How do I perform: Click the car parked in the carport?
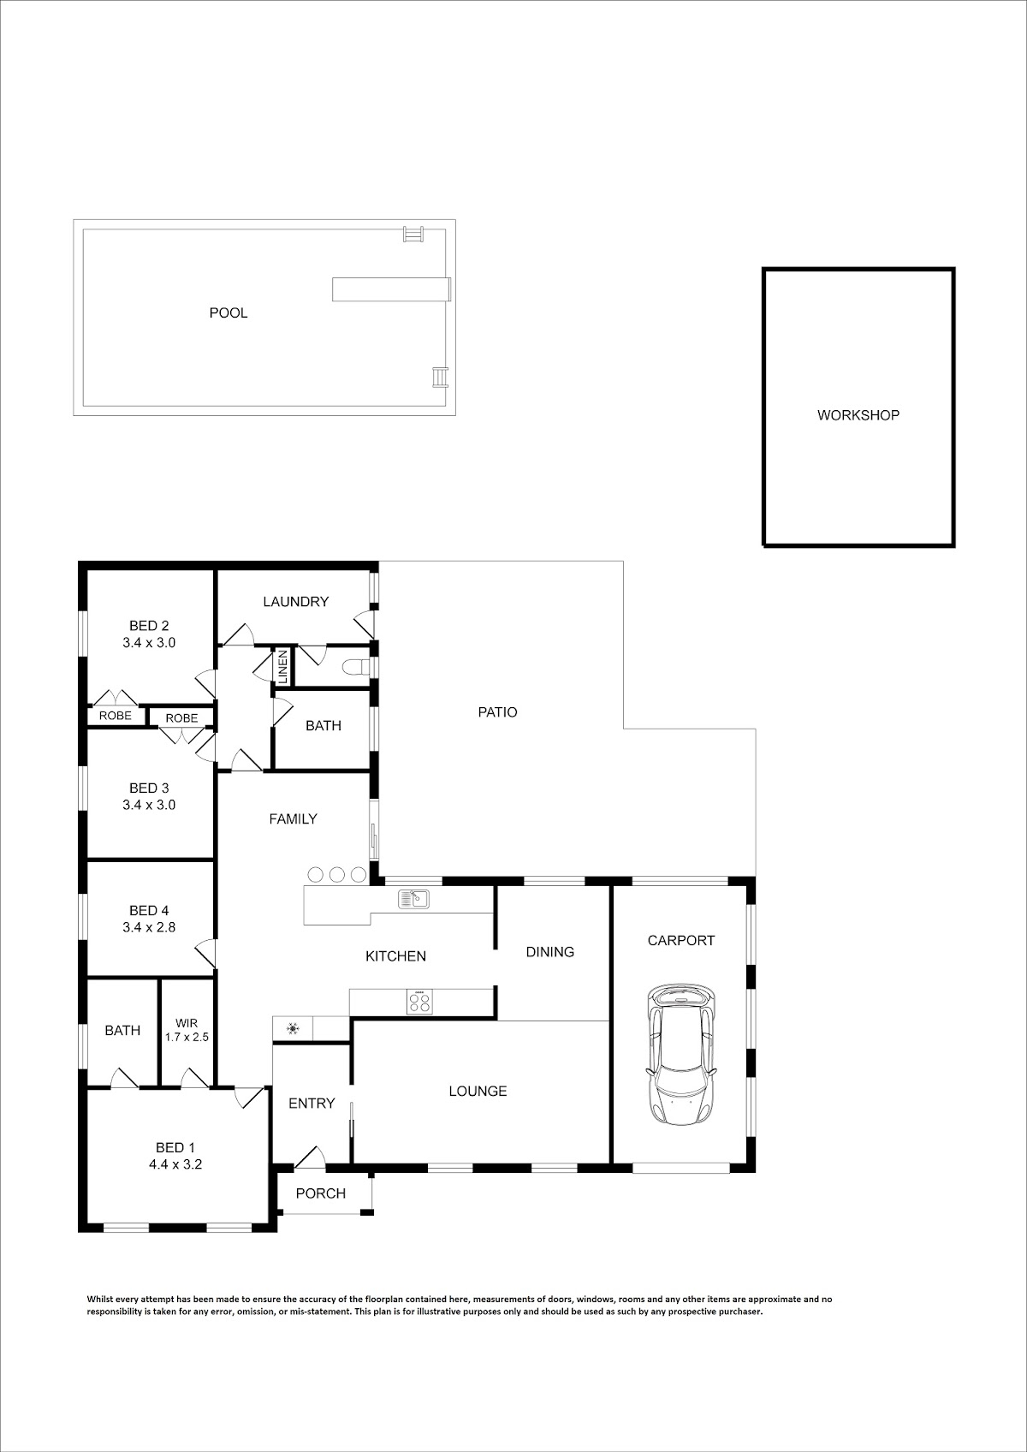pyautogui.click(x=681, y=1056)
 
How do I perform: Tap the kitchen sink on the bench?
pyautogui.click(x=413, y=898)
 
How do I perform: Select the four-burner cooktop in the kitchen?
pyautogui.click(x=419, y=1003)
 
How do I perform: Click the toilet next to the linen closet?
pyautogui.click(x=357, y=667)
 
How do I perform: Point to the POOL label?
pyautogui.click(x=228, y=313)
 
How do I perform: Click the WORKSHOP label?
pyautogui.click(x=858, y=415)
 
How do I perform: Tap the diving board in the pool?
pyautogui.click(x=391, y=289)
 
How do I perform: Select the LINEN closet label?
pyautogui.click(x=282, y=667)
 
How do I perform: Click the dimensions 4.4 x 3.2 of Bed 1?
pyautogui.click(x=175, y=1164)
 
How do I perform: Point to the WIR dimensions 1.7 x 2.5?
pyautogui.click(x=187, y=1037)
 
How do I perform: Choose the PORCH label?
pyautogui.click(x=321, y=1193)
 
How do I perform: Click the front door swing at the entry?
pyautogui.click(x=310, y=1158)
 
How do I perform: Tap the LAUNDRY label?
pyautogui.click(x=295, y=602)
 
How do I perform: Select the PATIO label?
pyautogui.click(x=497, y=712)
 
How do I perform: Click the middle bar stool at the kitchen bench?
pyautogui.click(x=336, y=874)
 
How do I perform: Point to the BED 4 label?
pyautogui.click(x=149, y=911)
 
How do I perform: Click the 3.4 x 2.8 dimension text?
pyautogui.click(x=149, y=927)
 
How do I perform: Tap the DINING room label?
pyautogui.click(x=550, y=952)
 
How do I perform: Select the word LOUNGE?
pyautogui.click(x=478, y=1092)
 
